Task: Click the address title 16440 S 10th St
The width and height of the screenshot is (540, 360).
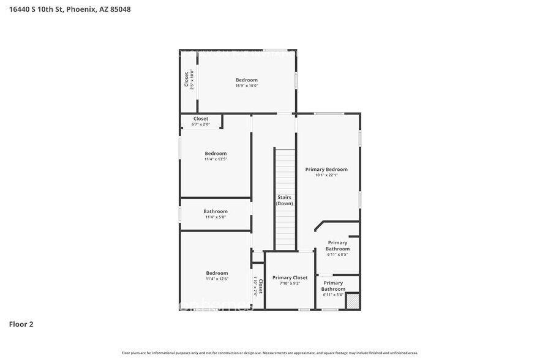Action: pos(70,9)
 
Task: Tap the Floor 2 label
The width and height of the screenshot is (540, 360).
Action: pos(21,324)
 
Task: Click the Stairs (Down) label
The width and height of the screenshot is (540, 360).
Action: pos(284,200)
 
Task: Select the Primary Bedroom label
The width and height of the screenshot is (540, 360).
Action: pos(326,170)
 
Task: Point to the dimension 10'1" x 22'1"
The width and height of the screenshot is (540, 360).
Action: pos(326,175)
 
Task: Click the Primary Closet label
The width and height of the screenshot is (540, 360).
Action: pos(290,277)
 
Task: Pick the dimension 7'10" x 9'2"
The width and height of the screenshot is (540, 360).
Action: pos(290,283)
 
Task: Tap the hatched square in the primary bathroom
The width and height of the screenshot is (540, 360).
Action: pos(352,301)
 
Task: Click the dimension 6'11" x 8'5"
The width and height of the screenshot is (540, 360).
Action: pos(337,255)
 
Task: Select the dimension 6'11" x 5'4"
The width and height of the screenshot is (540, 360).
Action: pos(333,295)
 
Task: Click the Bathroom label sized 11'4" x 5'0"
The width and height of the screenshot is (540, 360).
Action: pos(216,211)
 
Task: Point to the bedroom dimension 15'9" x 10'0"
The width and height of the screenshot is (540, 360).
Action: pos(247,86)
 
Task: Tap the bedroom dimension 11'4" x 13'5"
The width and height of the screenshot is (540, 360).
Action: pos(216,159)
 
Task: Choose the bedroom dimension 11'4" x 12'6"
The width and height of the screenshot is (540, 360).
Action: pos(216,279)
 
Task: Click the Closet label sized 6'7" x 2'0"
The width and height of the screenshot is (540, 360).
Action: pos(201,119)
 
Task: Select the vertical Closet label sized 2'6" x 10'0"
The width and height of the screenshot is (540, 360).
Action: pos(186,80)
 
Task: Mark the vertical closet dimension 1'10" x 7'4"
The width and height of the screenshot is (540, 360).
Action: pos(255,286)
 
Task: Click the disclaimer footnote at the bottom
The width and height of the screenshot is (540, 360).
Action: pos(269,353)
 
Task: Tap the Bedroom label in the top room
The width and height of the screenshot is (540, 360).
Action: pos(247,80)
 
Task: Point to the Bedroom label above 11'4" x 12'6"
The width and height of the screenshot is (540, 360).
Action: pos(217,273)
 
